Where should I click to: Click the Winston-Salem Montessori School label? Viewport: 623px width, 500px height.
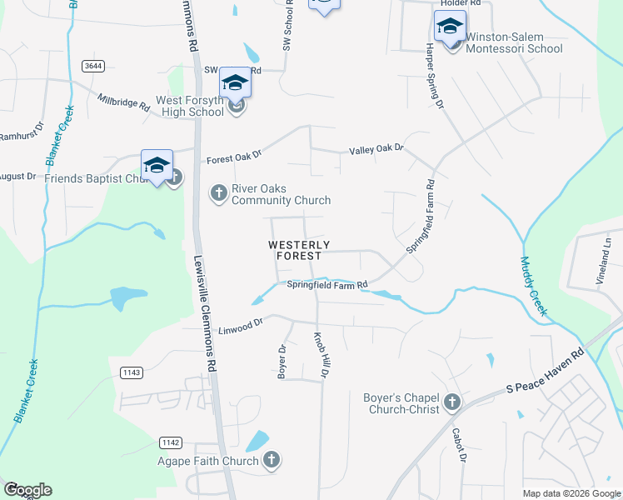click(513, 42)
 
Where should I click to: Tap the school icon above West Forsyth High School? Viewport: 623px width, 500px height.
click(236, 82)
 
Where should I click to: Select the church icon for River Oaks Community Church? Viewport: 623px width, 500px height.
click(218, 194)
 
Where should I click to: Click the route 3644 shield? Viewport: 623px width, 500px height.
click(93, 65)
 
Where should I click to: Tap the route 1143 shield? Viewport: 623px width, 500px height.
click(132, 372)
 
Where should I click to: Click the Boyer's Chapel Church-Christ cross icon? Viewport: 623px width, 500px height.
click(452, 403)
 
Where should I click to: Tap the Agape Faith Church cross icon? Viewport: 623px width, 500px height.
click(272, 459)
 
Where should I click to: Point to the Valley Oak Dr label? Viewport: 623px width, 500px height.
click(376, 148)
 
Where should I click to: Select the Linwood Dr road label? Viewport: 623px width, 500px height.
click(241, 327)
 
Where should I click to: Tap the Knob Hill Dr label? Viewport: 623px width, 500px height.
click(321, 354)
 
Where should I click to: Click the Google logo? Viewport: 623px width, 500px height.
click(27, 490)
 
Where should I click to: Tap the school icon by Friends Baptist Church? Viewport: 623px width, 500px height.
click(157, 165)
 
